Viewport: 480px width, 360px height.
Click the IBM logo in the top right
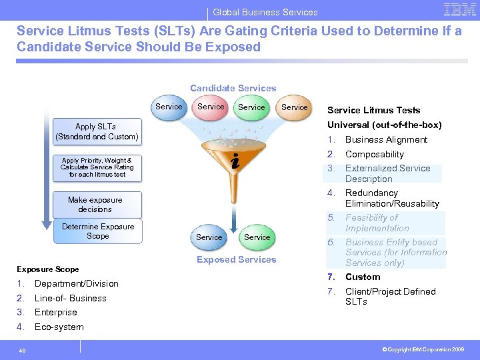click(x=459, y=10)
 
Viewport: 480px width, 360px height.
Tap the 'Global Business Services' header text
click(x=265, y=12)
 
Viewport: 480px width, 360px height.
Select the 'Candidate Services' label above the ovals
click(x=233, y=88)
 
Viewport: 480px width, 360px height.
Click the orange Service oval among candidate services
click(x=294, y=107)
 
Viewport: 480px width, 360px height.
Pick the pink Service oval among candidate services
click(x=211, y=107)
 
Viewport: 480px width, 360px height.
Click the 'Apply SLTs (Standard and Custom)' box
click(x=97, y=131)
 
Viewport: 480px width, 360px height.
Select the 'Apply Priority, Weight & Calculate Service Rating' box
click(x=97, y=167)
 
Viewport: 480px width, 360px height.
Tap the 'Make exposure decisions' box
click(x=95, y=204)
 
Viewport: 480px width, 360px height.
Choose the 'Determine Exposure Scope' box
click(x=97, y=231)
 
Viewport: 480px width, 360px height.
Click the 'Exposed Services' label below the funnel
click(x=236, y=259)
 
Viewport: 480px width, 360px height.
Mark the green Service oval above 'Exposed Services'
click(x=257, y=237)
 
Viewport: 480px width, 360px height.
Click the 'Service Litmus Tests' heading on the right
click(x=373, y=110)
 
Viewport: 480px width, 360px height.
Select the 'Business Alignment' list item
click(x=386, y=139)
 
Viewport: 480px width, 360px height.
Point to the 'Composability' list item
click(x=374, y=154)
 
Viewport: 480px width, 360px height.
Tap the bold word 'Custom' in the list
click(x=363, y=277)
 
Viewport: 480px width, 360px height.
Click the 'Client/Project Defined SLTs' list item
click(x=390, y=296)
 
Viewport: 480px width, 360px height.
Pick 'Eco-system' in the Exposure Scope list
click(x=59, y=327)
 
